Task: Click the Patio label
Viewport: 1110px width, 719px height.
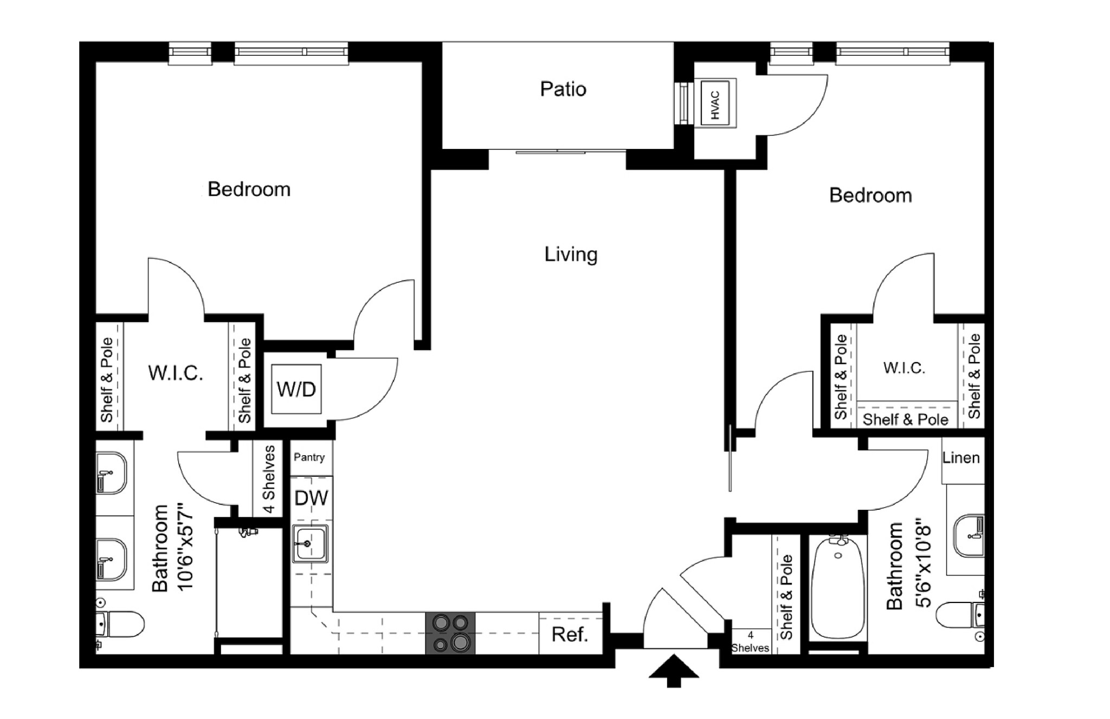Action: (x=563, y=89)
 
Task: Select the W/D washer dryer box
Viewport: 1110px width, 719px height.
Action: (x=296, y=389)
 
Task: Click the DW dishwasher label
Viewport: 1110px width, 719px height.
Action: (x=311, y=498)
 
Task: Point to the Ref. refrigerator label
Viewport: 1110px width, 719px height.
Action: (x=570, y=634)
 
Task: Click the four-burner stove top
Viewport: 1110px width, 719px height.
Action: (x=450, y=633)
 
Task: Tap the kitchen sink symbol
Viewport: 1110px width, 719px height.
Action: (x=310, y=543)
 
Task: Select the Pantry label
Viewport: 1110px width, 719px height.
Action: (x=309, y=457)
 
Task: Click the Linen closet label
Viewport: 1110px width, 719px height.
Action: (x=961, y=458)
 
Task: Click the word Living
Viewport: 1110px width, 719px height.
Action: (x=571, y=254)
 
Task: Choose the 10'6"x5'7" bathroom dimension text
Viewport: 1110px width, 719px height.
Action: (x=185, y=547)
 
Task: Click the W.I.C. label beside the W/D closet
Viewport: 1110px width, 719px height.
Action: (x=176, y=373)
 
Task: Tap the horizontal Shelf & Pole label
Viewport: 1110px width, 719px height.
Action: (x=905, y=419)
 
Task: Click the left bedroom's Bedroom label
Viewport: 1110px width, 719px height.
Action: (x=249, y=190)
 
